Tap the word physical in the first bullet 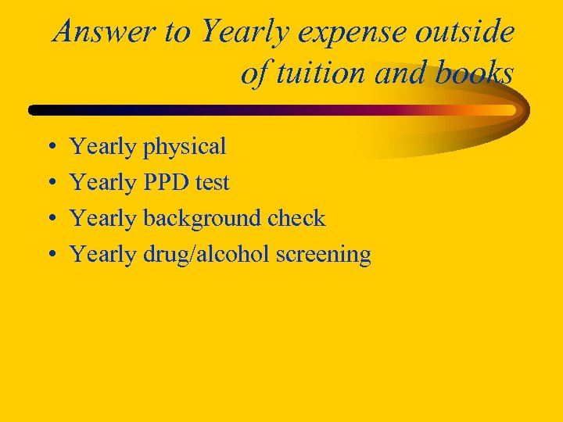(x=185, y=147)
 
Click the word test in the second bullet (x=213, y=183)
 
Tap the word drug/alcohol (x=206, y=255)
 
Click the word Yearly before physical (x=103, y=147)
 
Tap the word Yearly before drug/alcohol (x=103, y=255)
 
